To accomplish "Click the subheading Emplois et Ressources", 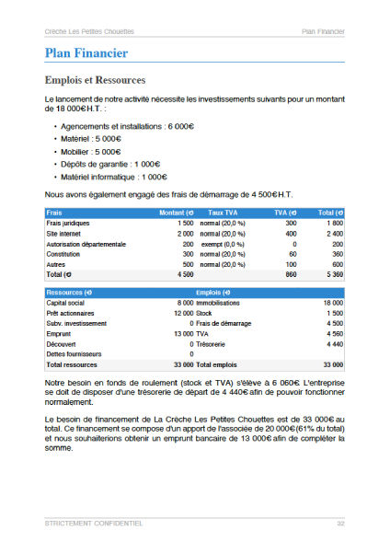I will tap(95, 80).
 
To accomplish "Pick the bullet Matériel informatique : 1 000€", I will tap(114, 177).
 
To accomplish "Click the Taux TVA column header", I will tap(223, 213).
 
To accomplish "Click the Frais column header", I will tap(54, 213).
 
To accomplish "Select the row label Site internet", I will tap(63, 234).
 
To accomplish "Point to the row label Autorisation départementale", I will tap(85, 244).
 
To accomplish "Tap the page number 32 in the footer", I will tap(339, 523).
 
